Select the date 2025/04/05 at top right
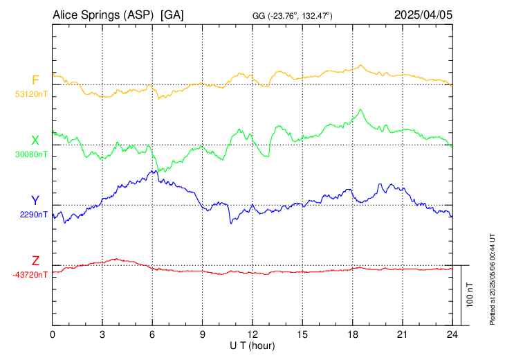coord(423,14)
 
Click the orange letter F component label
coord(35,80)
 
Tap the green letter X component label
coord(35,141)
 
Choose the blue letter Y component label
coord(35,200)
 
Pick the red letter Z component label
coord(35,260)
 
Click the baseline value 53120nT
coord(31,93)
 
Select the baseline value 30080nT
coord(31,154)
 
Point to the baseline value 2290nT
coord(34,215)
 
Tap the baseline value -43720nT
coord(30,275)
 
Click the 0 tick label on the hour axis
coord(53,335)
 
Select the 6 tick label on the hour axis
coord(152,335)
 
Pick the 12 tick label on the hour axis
coord(252,335)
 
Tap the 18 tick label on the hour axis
coord(352,335)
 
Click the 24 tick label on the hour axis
coord(452,335)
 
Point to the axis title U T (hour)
coord(252,345)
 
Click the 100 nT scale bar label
coord(471,295)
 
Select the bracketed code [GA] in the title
coord(172,14)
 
